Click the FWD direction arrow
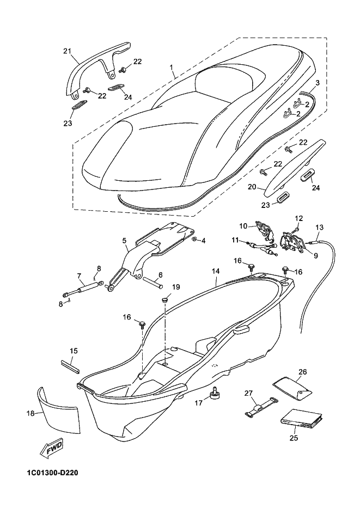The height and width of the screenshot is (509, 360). pos(52,449)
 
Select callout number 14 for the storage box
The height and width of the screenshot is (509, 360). pos(216,271)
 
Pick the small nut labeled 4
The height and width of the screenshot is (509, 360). pos(194,239)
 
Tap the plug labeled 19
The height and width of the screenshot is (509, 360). pos(164,299)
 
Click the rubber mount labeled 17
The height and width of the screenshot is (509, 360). pos(215,393)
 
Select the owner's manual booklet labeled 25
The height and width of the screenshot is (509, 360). pos(302,422)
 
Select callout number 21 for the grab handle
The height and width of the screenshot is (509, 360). pos(67,51)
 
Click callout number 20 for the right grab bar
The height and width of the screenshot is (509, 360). pos(252,187)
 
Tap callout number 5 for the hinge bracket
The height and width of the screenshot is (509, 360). pos(124,241)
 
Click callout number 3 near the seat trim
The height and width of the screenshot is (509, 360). pos(318,83)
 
